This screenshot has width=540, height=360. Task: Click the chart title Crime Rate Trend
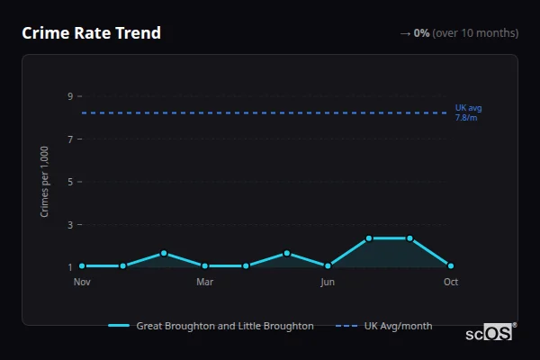coord(91,33)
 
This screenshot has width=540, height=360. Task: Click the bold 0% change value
coord(421,33)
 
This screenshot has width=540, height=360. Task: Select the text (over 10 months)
coord(475,33)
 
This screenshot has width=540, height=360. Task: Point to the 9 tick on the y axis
coord(69,96)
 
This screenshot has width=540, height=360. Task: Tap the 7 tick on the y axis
coord(69,139)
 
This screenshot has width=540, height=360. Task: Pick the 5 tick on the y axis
coord(69,182)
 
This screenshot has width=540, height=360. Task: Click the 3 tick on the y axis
coord(69,225)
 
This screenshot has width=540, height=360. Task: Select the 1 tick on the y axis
coord(69,267)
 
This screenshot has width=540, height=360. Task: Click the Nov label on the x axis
coord(82,282)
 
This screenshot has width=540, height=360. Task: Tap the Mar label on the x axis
coord(204,282)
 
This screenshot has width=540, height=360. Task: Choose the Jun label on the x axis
coord(328,282)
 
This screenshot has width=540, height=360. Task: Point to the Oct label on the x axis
coord(451,282)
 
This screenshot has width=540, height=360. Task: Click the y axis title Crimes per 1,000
coord(45,181)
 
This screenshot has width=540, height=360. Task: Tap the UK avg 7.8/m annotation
coord(468,112)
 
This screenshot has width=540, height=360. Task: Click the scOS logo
coord(490,332)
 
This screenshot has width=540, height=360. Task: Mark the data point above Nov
coord(82,266)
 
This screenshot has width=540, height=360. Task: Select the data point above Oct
coord(451,266)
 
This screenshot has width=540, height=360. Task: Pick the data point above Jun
coord(328,266)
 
